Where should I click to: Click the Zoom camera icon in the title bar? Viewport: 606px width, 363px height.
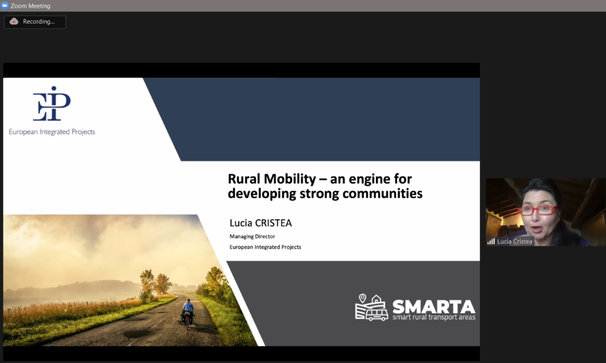click(x=5, y=5)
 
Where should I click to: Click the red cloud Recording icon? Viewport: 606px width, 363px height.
click(x=14, y=21)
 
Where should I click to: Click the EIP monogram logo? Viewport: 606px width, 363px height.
click(x=52, y=104)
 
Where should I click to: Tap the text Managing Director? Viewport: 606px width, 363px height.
click(x=252, y=236)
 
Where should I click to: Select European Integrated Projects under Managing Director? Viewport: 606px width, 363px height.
click(x=265, y=247)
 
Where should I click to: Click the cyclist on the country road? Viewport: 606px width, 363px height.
click(x=188, y=313)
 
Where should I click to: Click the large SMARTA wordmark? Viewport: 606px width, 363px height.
click(x=434, y=307)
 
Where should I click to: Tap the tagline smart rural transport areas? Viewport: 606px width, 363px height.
click(x=434, y=317)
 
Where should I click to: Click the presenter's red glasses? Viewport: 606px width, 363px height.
click(x=537, y=210)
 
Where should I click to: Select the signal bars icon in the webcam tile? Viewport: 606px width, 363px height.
click(x=491, y=242)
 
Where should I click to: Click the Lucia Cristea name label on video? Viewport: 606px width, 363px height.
click(x=514, y=242)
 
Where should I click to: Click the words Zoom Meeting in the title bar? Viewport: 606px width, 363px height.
click(x=31, y=6)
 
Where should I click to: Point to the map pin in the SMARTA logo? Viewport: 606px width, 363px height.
click(x=363, y=298)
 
